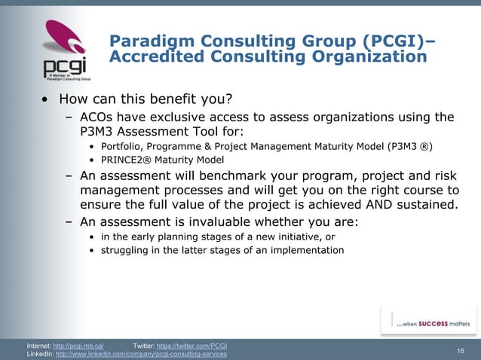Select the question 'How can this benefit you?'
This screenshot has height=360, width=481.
click(x=145, y=99)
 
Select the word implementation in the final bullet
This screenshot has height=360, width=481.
click(x=307, y=250)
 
